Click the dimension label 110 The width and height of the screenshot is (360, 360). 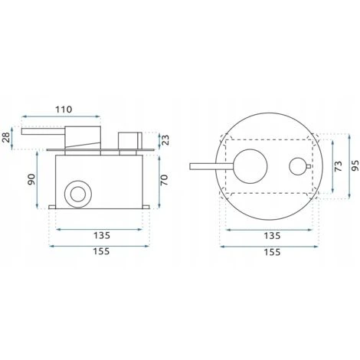[x=64, y=110]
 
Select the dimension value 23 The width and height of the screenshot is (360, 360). [x=165, y=140]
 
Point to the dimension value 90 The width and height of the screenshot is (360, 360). [x=31, y=179]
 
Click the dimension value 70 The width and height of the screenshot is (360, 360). [x=165, y=180]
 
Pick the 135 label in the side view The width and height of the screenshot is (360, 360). [x=102, y=235]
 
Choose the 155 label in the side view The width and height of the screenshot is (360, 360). [x=101, y=251]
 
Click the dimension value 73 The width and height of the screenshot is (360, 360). [x=339, y=166]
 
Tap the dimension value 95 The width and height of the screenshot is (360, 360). [x=355, y=166]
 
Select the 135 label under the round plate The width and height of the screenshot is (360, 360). [x=272, y=235]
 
